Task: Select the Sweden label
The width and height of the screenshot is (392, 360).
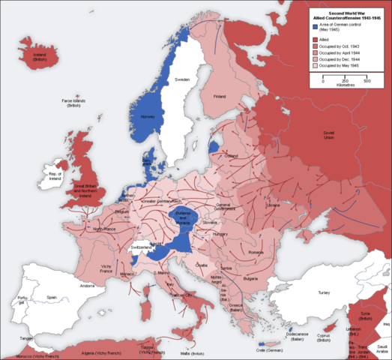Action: tap(182, 79)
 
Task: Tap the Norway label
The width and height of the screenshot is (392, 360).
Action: tap(148, 116)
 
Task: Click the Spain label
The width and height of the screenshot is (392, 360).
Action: tap(51, 298)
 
